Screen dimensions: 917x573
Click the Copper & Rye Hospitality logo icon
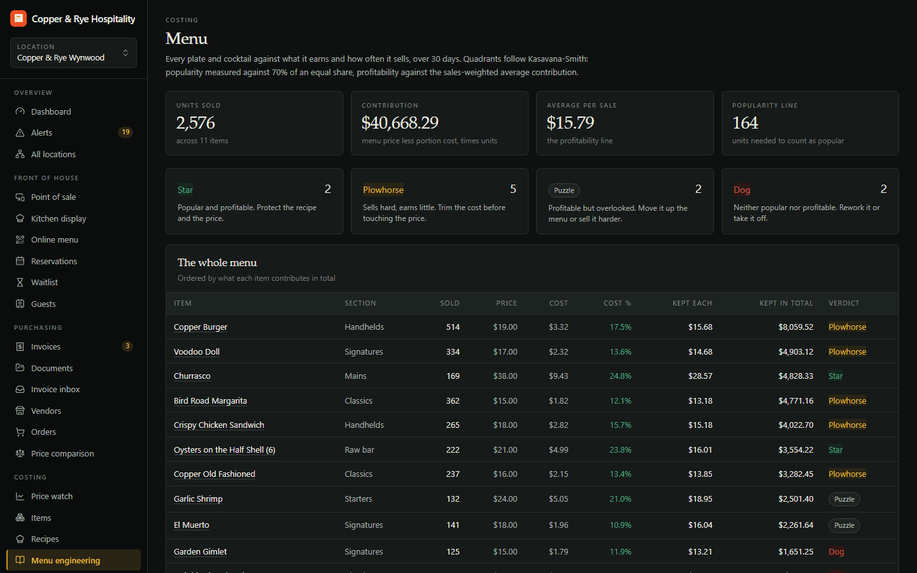point(18,18)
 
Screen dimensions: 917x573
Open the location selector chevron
point(125,53)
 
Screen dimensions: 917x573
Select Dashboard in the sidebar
point(51,112)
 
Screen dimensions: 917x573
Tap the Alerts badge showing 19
point(125,132)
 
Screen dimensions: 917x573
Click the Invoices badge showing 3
point(127,346)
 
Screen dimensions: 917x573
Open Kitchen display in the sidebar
point(59,218)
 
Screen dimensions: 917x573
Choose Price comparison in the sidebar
point(62,453)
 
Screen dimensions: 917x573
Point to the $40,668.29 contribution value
point(399,123)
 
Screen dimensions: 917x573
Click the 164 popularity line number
point(745,123)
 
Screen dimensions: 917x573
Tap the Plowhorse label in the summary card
point(383,190)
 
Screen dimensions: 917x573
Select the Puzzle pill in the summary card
point(564,190)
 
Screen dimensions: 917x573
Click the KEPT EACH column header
point(692,303)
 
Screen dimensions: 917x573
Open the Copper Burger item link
point(200,327)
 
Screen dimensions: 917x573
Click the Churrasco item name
point(192,376)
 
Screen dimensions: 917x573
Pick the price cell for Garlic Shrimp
point(505,499)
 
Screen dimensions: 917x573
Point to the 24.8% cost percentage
point(620,376)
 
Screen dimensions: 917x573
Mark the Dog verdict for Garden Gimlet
point(836,552)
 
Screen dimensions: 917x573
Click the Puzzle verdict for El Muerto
point(844,525)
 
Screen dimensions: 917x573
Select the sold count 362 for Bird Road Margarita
point(453,400)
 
